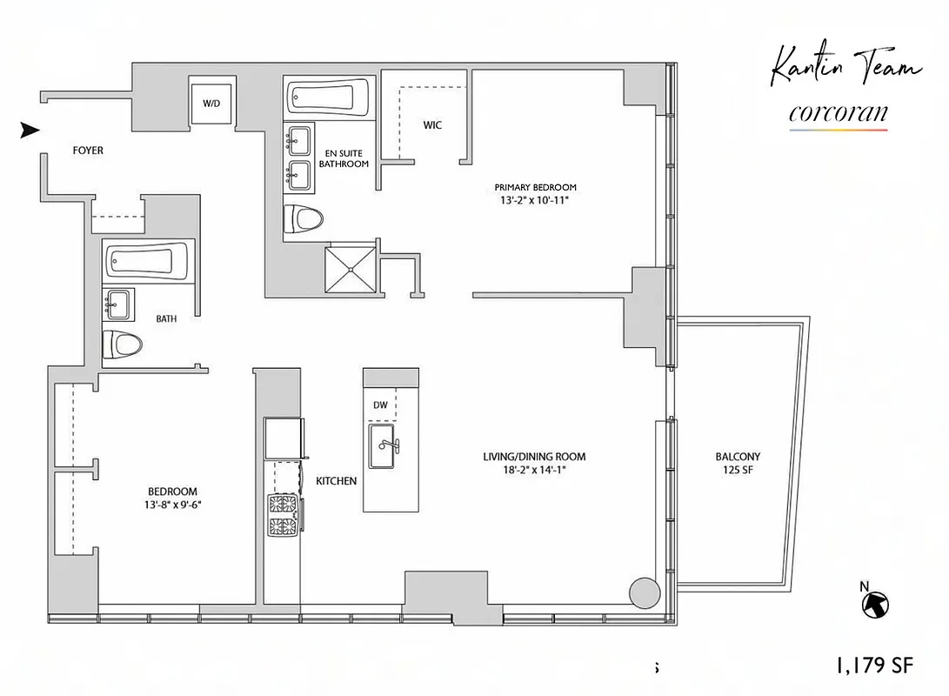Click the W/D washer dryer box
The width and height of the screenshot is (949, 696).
coord(211,103)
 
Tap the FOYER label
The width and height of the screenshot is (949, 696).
coord(87,151)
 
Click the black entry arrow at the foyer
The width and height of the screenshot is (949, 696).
coord(30,130)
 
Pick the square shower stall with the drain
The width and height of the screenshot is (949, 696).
coord(351,270)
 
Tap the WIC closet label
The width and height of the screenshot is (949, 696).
coord(432,125)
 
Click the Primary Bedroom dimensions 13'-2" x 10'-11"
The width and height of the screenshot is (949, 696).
coord(535,200)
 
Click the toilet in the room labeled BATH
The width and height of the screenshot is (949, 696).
coord(122,345)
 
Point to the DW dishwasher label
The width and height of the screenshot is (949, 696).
coord(380,405)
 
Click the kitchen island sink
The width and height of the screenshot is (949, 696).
coord(384,446)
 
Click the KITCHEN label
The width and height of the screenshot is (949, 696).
coord(336,481)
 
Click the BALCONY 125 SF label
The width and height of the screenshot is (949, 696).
coord(738,464)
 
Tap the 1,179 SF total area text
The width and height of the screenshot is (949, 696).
coord(873,666)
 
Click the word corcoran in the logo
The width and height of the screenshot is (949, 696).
coord(838,113)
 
